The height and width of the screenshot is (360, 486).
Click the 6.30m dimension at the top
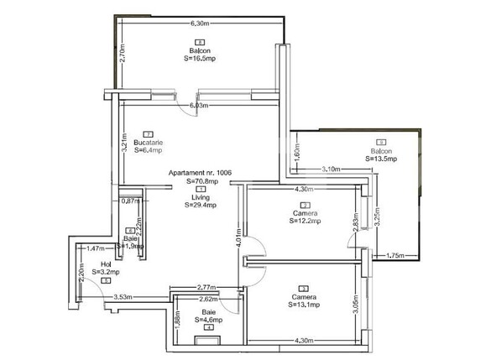click(199, 23)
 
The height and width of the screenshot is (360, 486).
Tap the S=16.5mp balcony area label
click(199, 60)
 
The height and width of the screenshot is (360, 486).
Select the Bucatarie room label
click(148, 143)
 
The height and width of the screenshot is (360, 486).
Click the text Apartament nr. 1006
click(200, 173)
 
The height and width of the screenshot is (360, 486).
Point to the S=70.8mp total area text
click(201, 181)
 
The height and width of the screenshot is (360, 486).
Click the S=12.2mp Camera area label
click(305, 222)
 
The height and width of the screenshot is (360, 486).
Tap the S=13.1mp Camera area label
click(304, 305)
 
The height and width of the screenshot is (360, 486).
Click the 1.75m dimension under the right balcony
click(396, 255)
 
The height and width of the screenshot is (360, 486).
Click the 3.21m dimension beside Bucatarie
click(124, 134)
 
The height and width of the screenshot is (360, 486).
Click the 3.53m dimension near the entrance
click(124, 296)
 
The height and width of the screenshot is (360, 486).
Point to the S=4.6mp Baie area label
click(208, 320)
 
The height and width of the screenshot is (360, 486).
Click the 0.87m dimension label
click(129, 201)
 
